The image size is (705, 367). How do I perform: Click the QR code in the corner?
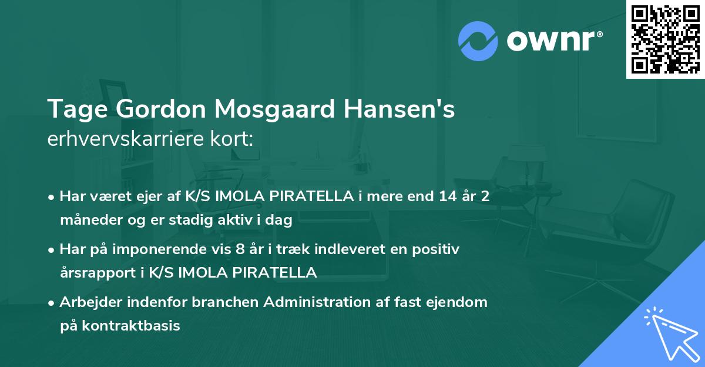665,39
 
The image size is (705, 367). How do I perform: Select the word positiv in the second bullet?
438,249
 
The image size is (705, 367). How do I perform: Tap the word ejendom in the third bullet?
459,302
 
